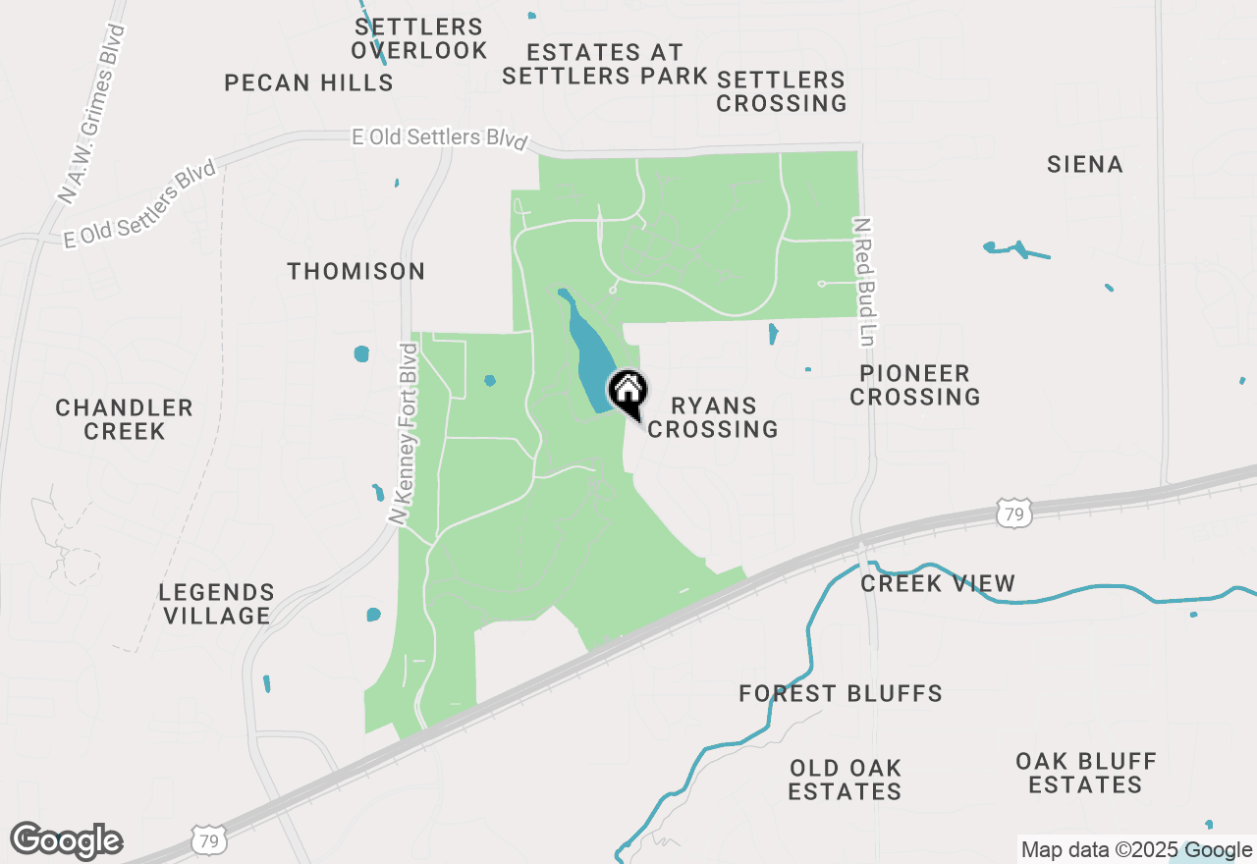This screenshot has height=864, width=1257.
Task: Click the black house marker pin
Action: pyautogui.click(x=628, y=393)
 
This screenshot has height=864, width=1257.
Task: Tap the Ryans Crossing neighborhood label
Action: pyautogui.click(x=714, y=417)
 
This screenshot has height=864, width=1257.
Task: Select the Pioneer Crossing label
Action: pyautogui.click(x=915, y=385)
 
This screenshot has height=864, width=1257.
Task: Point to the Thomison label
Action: pyautogui.click(x=356, y=271)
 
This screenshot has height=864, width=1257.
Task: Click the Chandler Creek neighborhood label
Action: pyautogui.click(x=125, y=419)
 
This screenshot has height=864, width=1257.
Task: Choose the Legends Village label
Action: pyautogui.click(x=217, y=604)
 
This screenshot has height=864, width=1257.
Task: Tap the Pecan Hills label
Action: pyautogui.click(x=309, y=83)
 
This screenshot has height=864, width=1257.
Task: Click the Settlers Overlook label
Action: pyautogui.click(x=419, y=39)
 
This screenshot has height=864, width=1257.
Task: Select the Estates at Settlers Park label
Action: pyautogui.click(x=605, y=63)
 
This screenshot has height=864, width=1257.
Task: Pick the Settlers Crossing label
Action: pyautogui.click(x=782, y=91)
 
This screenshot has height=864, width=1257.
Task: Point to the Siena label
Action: pyautogui.click(x=1085, y=164)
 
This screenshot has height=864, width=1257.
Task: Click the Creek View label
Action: pyautogui.click(x=938, y=584)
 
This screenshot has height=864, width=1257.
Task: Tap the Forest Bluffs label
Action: pyautogui.click(x=841, y=694)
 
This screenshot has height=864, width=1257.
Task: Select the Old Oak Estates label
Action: pyautogui.click(x=846, y=779)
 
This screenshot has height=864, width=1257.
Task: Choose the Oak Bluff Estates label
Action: pyautogui.click(x=1086, y=773)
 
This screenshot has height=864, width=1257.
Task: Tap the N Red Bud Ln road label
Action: pyautogui.click(x=863, y=282)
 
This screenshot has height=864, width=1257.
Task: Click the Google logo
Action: pyautogui.click(x=66, y=840)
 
